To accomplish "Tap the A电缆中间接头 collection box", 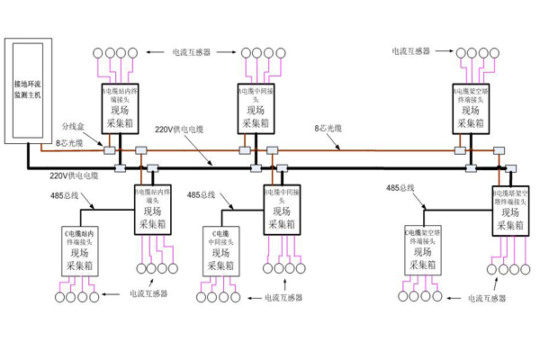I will click(256, 110).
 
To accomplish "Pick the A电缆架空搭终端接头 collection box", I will click(472, 110).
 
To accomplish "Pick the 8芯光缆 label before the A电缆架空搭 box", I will click(328, 129).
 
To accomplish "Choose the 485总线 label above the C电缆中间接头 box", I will click(200, 193).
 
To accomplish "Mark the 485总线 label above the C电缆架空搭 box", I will click(400, 188).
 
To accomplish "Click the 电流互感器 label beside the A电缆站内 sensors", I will click(192, 52).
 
